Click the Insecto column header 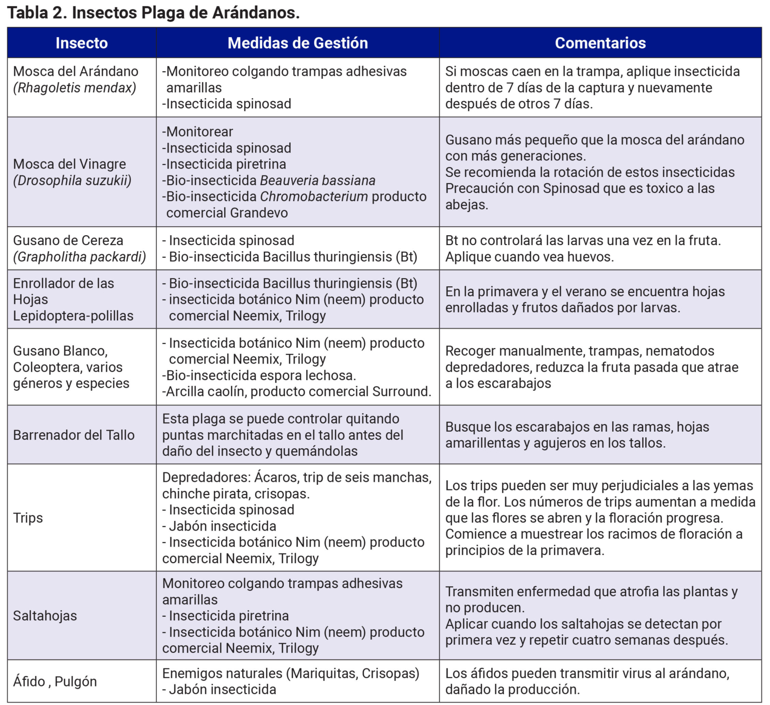pos(81,43)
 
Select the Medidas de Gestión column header pos(297,43)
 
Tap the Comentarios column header pos(600,43)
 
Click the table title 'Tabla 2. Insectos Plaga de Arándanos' pos(153,13)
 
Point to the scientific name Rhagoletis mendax pos(75,88)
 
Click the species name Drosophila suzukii pos(72,181)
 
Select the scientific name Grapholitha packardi pos(80,257)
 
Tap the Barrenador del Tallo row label pos(74,435)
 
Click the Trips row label pos(28,517)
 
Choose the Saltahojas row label pos(45,616)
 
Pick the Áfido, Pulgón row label pos(55,681)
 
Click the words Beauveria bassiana pos(318,181)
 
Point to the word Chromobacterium pos(314,197)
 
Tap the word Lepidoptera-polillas pos(73,316)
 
